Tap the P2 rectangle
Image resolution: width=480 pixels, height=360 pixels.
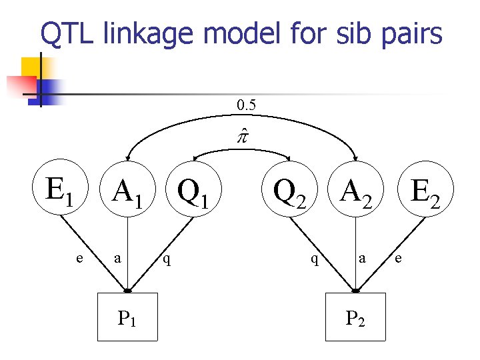[x=355, y=318]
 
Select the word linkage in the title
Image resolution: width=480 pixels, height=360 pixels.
[x=167, y=33]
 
